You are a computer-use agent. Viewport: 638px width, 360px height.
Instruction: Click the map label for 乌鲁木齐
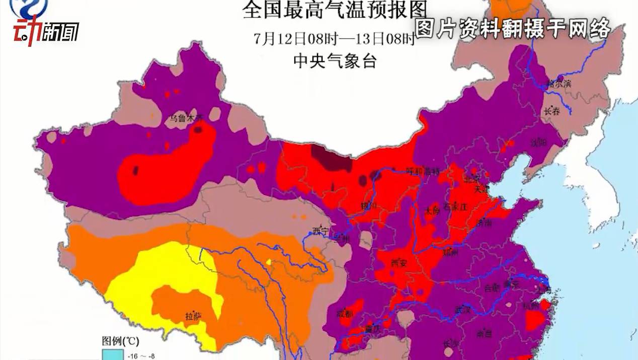pos(186,119)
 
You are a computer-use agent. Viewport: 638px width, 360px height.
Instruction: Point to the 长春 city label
pos(551,112)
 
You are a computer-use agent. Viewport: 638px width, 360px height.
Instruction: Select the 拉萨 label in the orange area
pos(193,317)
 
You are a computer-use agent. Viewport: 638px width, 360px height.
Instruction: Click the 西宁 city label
pos(320,231)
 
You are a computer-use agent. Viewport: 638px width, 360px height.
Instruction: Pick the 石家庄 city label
pos(455,206)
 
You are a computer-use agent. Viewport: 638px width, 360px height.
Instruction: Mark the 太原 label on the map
pos(432,210)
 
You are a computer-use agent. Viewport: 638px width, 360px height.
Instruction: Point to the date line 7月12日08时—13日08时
pos(334,39)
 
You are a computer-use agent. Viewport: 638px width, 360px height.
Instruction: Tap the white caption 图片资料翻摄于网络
pos(513,29)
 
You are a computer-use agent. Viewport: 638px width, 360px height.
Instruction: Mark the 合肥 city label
pos(491,288)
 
